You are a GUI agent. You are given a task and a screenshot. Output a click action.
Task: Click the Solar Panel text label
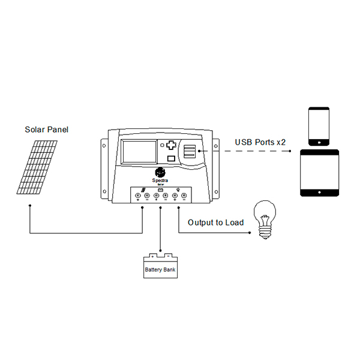[47, 130]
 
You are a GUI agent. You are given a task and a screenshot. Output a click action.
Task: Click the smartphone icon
[319, 126]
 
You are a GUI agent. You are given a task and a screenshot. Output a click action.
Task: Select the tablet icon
[319, 174]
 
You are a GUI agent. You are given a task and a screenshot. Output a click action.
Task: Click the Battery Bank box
[160, 268]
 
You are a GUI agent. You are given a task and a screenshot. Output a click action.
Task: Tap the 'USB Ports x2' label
[260, 142]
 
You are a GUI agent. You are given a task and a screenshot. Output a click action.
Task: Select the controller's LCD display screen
[138, 152]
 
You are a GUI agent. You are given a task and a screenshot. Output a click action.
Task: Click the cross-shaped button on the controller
[171, 145]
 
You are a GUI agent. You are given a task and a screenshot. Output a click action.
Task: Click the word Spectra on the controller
[160, 179]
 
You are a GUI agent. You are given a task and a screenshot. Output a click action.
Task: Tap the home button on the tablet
[319, 193]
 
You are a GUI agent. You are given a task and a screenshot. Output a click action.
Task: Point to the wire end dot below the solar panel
[29, 206]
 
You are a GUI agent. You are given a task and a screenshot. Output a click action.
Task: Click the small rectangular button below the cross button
[171, 159]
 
